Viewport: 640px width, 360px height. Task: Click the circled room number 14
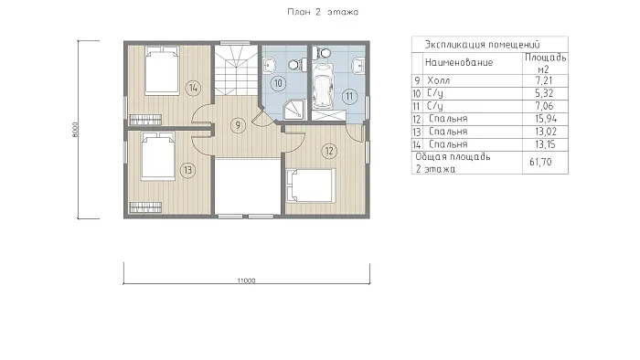coord(193,88)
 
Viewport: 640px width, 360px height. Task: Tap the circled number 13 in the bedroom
coord(187,170)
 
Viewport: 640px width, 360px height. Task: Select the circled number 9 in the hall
coord(238,125)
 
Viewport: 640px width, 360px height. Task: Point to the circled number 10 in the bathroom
coord(278,83)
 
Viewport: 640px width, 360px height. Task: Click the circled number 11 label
coord(349,96)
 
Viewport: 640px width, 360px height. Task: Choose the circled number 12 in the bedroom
coord(329,152)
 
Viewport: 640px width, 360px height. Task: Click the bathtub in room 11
coord(324,90)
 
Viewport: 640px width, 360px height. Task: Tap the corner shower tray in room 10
coord(294,110)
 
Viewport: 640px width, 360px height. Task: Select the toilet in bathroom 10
coord(297,64)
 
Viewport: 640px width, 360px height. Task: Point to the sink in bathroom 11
coord(358,65)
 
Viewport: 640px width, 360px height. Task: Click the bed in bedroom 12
coord(311,185)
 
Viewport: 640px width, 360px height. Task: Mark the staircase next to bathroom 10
coord(236,70)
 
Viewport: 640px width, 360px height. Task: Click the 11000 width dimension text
coord(246,281)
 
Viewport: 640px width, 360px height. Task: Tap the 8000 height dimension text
coord(75,130)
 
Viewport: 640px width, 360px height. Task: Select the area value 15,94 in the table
coord(546,119)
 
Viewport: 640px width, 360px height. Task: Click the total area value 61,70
coord(540,163)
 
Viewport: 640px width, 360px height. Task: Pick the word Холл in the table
coord(439,80)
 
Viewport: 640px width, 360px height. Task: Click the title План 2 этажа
coord(323,12)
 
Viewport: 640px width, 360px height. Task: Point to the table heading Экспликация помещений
coord(482,45)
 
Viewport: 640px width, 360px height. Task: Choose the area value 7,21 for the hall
coord(545,80)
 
